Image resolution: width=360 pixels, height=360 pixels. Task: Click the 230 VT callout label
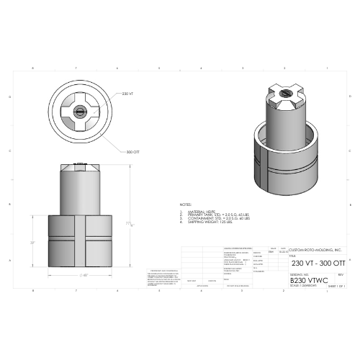click(x=127, y=94)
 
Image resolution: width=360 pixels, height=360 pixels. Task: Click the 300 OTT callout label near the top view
click(x=132, y=153)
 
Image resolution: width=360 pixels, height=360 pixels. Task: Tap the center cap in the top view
click(x=79, y=112)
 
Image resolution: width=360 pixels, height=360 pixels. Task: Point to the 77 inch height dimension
click(x=131, y=224)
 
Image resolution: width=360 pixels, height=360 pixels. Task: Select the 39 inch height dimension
click(x=32, y=243)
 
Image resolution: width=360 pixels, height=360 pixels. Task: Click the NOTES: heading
click(x=186, y=205)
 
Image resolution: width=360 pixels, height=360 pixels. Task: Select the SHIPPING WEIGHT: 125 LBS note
click(x=208, y=223)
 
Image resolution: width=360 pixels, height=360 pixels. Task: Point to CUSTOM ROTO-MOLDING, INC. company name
click(x=315, y=250)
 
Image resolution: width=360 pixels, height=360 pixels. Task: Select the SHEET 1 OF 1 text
click(x=336, y=286)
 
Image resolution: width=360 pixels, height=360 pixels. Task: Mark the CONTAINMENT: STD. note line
click(x=215, y=219)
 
